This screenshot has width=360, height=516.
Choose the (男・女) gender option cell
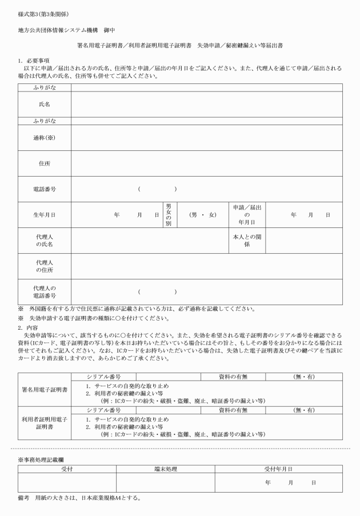(203, 215)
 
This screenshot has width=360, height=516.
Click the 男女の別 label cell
(169, 215)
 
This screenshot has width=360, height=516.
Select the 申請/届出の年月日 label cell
(247, 215)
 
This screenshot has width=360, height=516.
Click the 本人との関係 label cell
(247, 241)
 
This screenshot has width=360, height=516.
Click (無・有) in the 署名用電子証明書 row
(303, 377)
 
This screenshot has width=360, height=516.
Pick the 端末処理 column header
(166, 469)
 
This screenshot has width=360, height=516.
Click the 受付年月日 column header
(278, 469)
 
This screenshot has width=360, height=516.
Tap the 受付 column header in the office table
(67, 469)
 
